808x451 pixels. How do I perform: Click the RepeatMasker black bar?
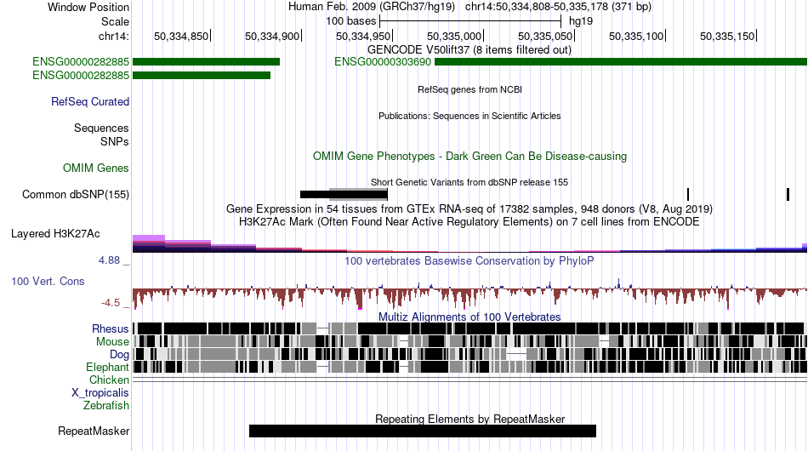tap(423, 431)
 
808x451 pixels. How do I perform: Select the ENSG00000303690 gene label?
tap(383, 62)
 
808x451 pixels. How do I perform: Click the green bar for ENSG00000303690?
tap(621, 62)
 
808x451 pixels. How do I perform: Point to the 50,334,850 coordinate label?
tap(181, 36)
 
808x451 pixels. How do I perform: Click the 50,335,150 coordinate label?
tap(727, 36)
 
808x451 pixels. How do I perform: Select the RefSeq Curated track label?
tap(90, 101)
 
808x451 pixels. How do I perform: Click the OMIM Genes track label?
tap(96, 168)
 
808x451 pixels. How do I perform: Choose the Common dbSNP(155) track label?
tap(76, 194)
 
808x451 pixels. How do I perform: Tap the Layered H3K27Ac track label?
tap(55, 233)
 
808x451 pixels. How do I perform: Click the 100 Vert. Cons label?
tap(48, 282)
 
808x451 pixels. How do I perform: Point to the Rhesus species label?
tap(111, 328)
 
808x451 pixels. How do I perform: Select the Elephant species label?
tap(107, 367)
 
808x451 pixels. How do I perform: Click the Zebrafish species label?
tap(106, 406)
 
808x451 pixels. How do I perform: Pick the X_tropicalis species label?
tap(100, 393)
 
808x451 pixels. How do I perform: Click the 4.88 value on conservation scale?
tap(109, 260)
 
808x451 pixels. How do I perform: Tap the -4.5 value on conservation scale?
tap(111, 303)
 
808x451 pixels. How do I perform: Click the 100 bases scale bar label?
tap(351, 21)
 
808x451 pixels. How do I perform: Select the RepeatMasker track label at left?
tap(94, 431)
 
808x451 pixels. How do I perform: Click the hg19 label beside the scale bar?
tap(581, 21)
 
